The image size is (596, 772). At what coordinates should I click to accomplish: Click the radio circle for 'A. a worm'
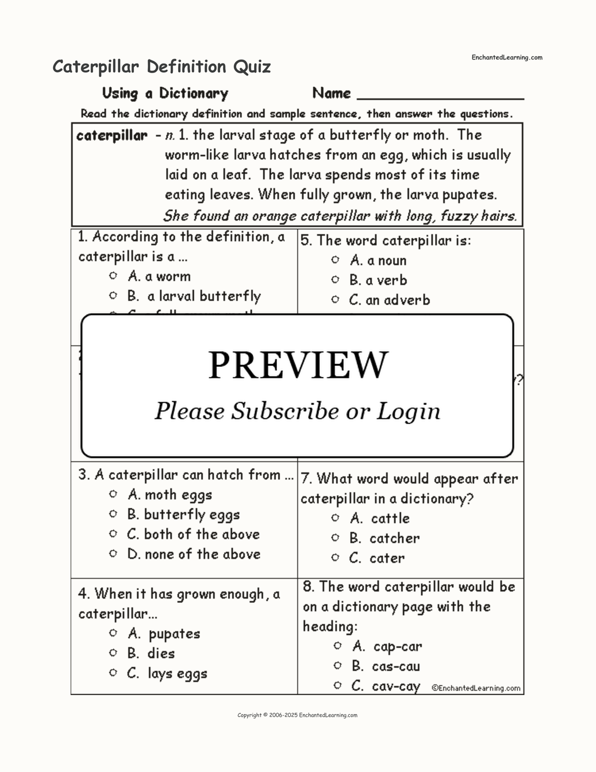(113, 276)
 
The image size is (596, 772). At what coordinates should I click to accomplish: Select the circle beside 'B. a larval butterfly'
(113, 295)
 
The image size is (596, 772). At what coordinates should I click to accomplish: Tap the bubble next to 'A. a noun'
(335, 260)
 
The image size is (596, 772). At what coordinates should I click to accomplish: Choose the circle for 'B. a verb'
(335, 280)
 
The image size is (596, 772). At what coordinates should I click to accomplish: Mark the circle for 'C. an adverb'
(335, 299)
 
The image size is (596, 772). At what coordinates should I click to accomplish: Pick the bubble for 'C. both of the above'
(113, 534)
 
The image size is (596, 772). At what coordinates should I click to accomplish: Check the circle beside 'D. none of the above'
(113, 554)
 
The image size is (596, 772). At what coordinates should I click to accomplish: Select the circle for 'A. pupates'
(113, 633)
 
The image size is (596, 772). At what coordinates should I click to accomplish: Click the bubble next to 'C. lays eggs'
(113, 673)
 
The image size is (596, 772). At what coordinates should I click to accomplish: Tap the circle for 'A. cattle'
(335, 518)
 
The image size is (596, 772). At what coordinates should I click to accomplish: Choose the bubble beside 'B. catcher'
(335, 538)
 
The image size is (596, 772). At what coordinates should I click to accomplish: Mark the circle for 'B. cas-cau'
(337, 665)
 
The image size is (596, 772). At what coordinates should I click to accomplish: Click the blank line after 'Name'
(441, 95)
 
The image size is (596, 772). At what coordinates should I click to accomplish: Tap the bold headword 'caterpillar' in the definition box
(112, 135)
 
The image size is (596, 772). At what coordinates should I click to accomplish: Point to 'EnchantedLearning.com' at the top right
(506, 58)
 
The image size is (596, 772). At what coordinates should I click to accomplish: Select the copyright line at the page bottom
(297, 715)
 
